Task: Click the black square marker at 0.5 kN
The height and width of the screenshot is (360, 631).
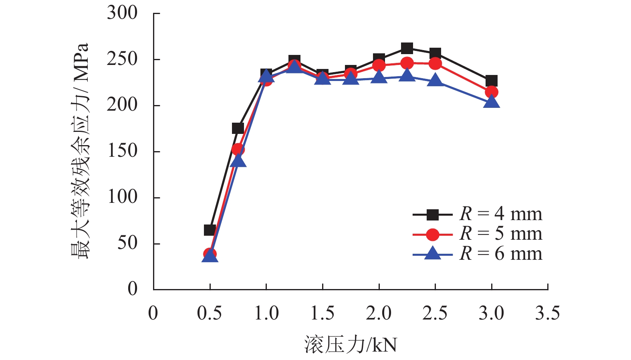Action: (x=210, y=230)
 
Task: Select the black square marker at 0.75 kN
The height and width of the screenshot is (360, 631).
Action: (x=238, y=128)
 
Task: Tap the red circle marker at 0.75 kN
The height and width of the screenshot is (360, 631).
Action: (x=238, y=150)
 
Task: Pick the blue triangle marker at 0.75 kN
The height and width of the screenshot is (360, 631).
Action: (x=238, y=161)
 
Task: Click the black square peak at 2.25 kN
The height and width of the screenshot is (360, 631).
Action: (x=407, y=49)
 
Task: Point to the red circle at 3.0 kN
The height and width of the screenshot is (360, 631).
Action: (x=492, y=92)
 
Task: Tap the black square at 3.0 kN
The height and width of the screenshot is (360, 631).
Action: (x=492, y=81)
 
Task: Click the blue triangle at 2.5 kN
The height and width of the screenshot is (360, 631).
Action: (x=435, y=81)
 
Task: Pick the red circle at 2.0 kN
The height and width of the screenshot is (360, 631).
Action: (x=379, y=65)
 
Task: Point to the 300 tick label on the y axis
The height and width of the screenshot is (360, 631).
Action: (x=122, y=13)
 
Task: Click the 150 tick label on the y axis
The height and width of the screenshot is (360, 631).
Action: (x=122, y=151)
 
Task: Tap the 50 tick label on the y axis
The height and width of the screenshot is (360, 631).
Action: (x=127, y=243)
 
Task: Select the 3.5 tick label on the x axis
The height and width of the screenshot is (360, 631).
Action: (x=548, y=313)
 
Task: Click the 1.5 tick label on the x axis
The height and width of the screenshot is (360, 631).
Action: (x=323, y=313)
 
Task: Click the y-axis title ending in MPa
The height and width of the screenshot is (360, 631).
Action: (x=80, y=151)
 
